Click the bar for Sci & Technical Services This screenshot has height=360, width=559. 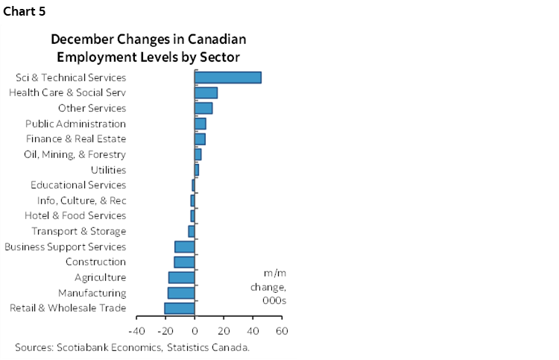coord(227,78)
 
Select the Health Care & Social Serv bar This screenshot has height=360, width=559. coord(206,92)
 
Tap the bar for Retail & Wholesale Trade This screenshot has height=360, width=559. coord(180,309)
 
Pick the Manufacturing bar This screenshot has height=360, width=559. coord(181,293)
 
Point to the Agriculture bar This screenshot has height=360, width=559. coord(181,277)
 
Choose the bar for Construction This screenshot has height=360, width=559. coord(184,262)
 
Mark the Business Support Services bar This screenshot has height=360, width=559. coord(184,247)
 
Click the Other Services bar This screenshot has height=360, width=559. coord(203,108)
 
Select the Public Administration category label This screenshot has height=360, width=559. coord(75,124)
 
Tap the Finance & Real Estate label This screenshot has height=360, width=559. coord(75,139)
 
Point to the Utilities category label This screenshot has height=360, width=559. coord(108,170)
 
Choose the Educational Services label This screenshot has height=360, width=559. coord(78,185)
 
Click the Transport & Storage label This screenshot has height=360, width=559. coord(79,231)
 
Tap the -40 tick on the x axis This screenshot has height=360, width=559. coord(136,330)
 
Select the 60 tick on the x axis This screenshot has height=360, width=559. coord(282,330)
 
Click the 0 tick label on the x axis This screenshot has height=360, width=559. coord(195,330)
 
